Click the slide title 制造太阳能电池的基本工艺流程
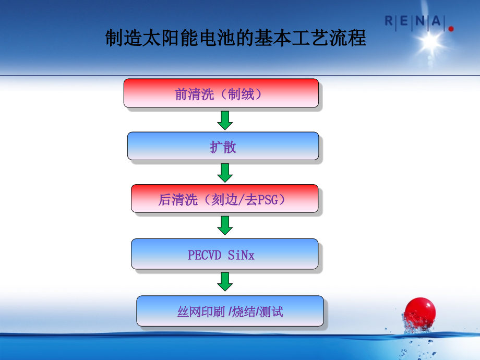click(236, 39)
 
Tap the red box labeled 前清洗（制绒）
click(221, 93)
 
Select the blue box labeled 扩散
click(223, 146)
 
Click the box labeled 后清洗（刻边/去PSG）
click(224, 199)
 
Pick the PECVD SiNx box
click(224, 254)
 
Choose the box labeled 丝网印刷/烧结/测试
click(230, 311)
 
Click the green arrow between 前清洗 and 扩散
click(225, 119)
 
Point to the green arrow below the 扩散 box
click(225, 172)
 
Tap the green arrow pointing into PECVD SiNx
click(225, 225)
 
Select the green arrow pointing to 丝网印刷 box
click(225, 282)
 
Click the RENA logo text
click(415, 22)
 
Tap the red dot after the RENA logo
click(451, 29)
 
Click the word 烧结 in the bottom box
click(244, 312)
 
